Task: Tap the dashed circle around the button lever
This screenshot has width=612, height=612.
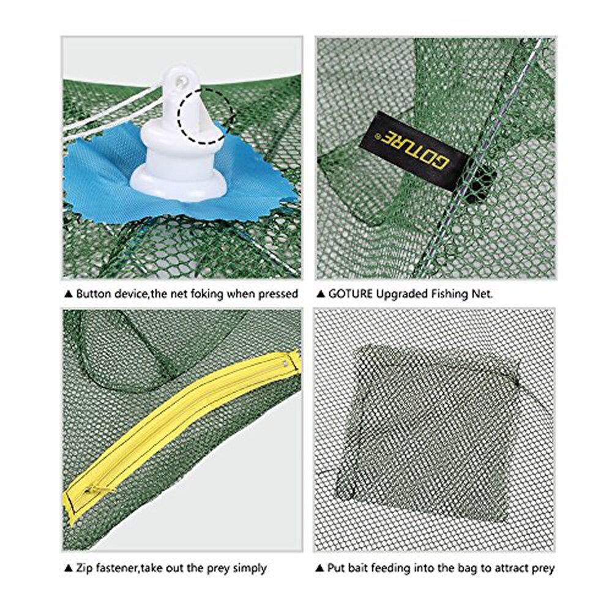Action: pos(206,115)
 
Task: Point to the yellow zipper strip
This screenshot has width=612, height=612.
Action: pos(184,422)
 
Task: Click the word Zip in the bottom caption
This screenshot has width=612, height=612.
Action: pos(84,569)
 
